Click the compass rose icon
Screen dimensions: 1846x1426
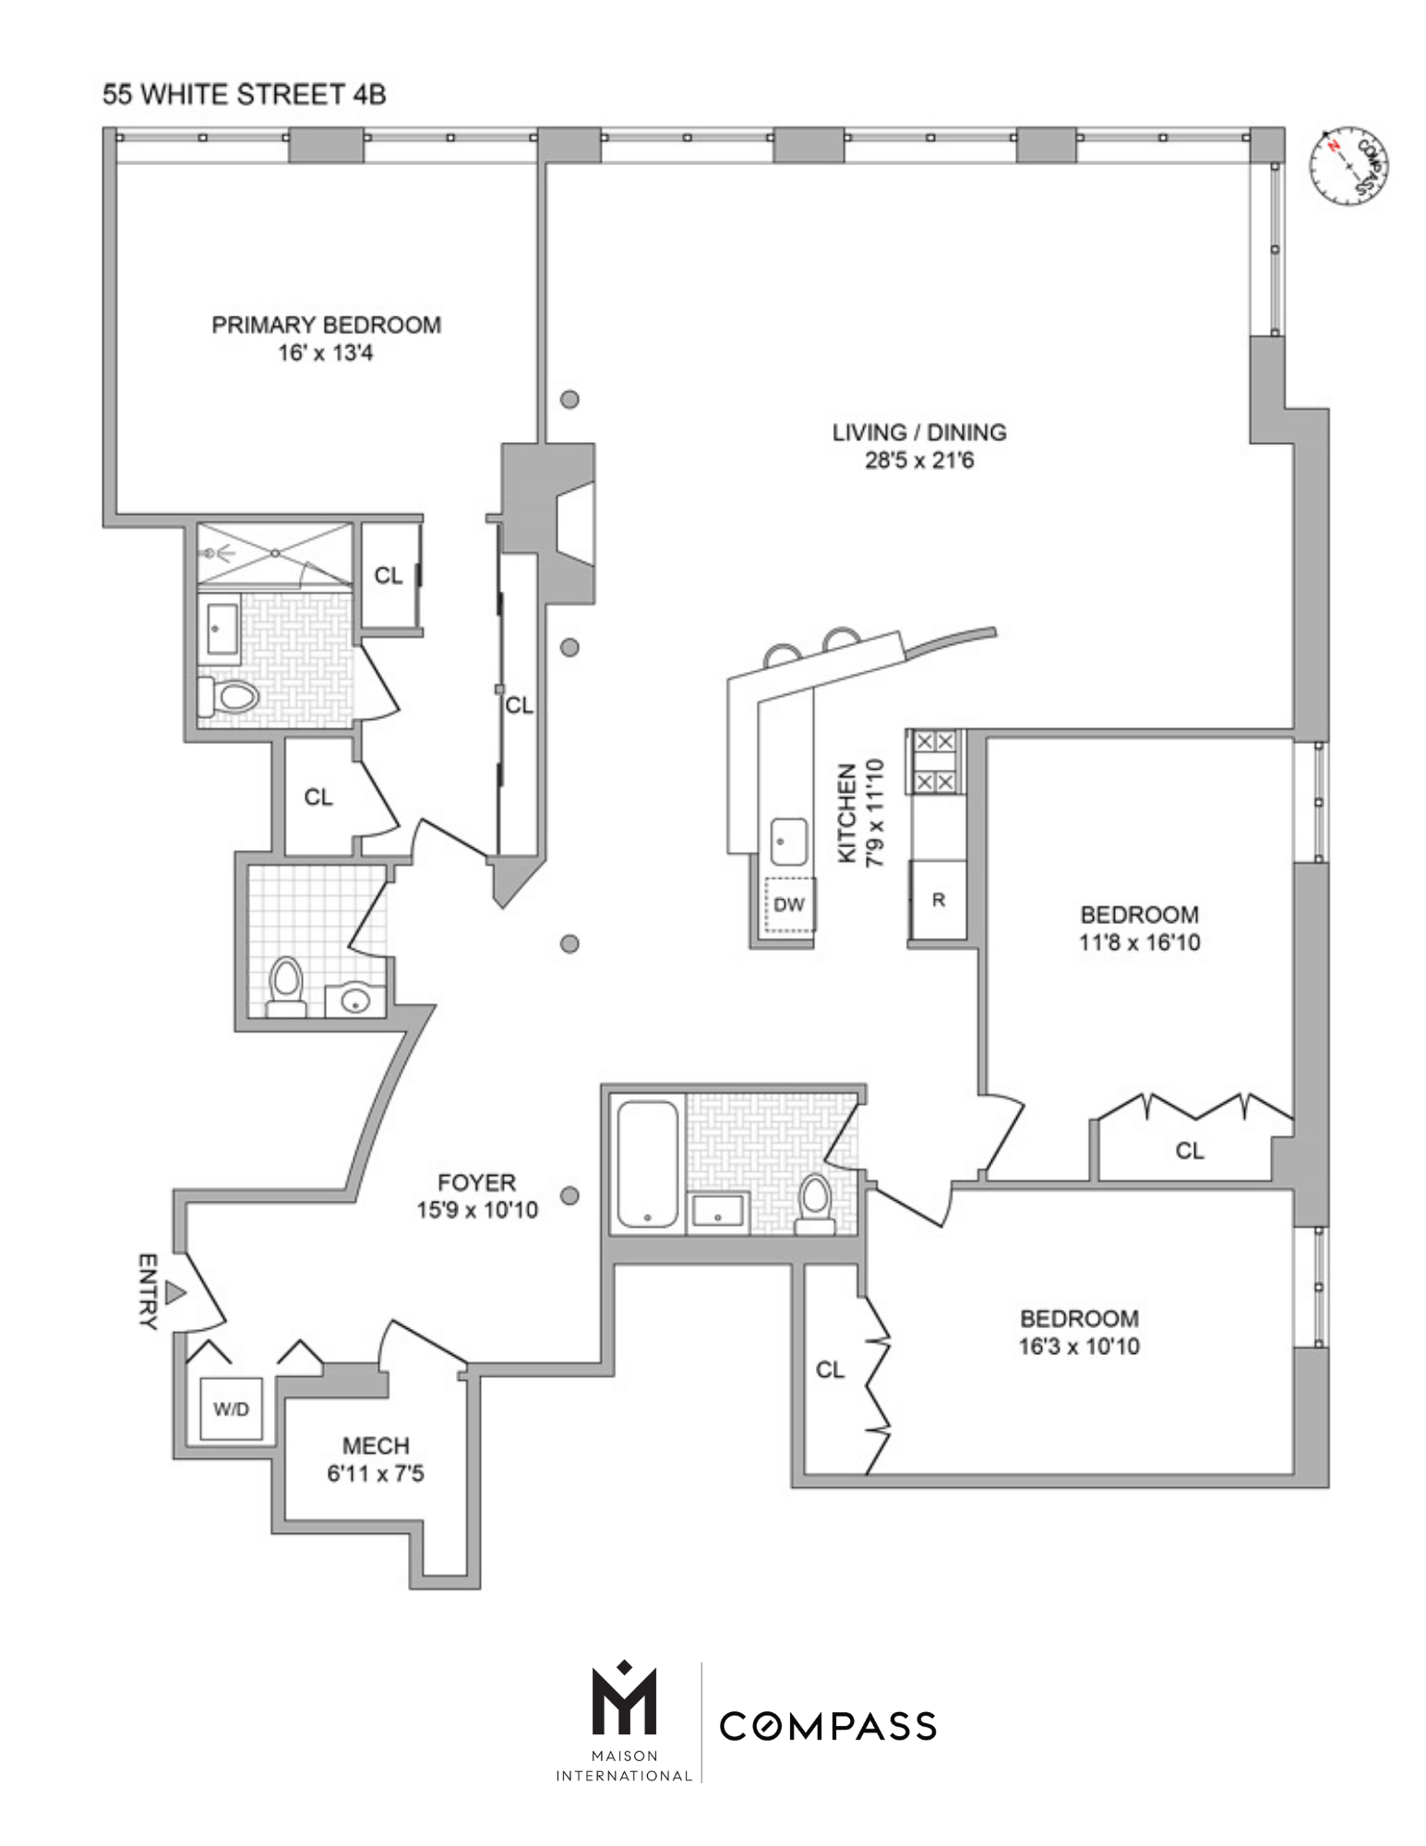1350,166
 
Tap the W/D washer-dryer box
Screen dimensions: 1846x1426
231,1409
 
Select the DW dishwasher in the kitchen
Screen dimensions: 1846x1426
789,905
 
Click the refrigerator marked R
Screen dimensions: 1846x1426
939,900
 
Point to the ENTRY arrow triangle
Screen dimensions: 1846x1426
175,1293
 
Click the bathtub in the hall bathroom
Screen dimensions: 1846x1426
648,1163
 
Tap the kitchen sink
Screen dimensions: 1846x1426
788,842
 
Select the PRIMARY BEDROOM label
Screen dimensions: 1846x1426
326,325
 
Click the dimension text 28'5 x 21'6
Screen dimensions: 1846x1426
918,461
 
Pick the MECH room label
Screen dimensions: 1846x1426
376,1446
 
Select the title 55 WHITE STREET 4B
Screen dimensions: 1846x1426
244,94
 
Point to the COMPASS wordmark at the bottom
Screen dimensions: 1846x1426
828,1726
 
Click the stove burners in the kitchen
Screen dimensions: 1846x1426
934,762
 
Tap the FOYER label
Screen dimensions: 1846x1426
476,1182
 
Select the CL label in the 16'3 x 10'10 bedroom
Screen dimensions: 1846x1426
830,1370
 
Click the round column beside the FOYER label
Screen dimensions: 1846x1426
570,1195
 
